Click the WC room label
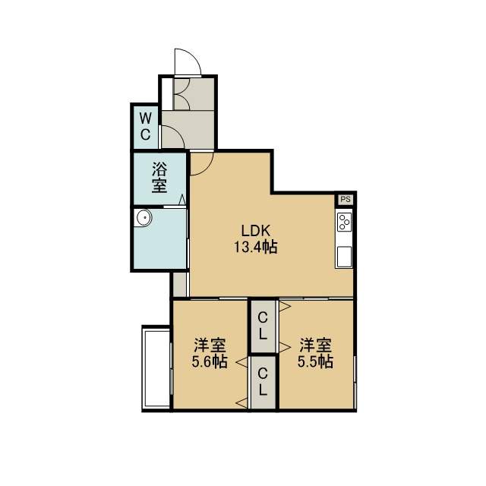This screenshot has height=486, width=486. click(145, 127)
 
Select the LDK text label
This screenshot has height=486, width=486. click(256, 231)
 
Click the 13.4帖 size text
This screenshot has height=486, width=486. click(255, 248)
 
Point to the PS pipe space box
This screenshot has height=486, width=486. click(346, 199)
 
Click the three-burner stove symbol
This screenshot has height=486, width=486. click(344, 222)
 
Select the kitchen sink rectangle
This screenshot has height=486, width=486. click(344, 257)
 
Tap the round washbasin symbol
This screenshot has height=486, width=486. click(144, 218)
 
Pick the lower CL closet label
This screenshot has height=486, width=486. click(263, 381)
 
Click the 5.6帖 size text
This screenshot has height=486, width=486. click(210, 361)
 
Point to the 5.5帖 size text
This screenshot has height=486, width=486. click(316, 361)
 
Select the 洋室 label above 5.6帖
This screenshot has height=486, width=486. click(210, 345)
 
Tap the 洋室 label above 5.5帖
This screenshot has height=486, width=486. click(316, 345)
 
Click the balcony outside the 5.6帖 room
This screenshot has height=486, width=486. click(156, 368)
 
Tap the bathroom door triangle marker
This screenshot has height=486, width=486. click(182, 199)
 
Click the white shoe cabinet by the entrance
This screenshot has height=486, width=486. click(167, 94)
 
